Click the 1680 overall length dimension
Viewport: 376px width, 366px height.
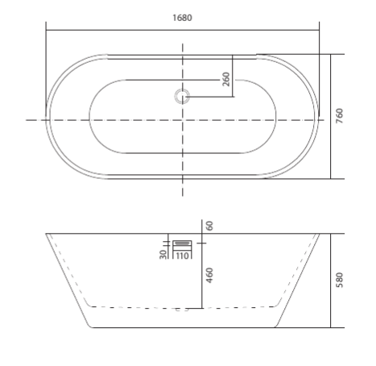182,18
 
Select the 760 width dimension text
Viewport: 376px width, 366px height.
339,116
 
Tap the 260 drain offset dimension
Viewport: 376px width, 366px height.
226,79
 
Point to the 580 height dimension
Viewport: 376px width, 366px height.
339,280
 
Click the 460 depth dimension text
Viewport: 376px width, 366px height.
209,275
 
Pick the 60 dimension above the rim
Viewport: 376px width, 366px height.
209,226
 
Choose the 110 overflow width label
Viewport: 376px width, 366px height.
182,256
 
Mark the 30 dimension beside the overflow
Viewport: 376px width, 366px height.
163,254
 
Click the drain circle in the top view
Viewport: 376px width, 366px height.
182,97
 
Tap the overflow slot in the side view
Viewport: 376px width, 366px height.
182,243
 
